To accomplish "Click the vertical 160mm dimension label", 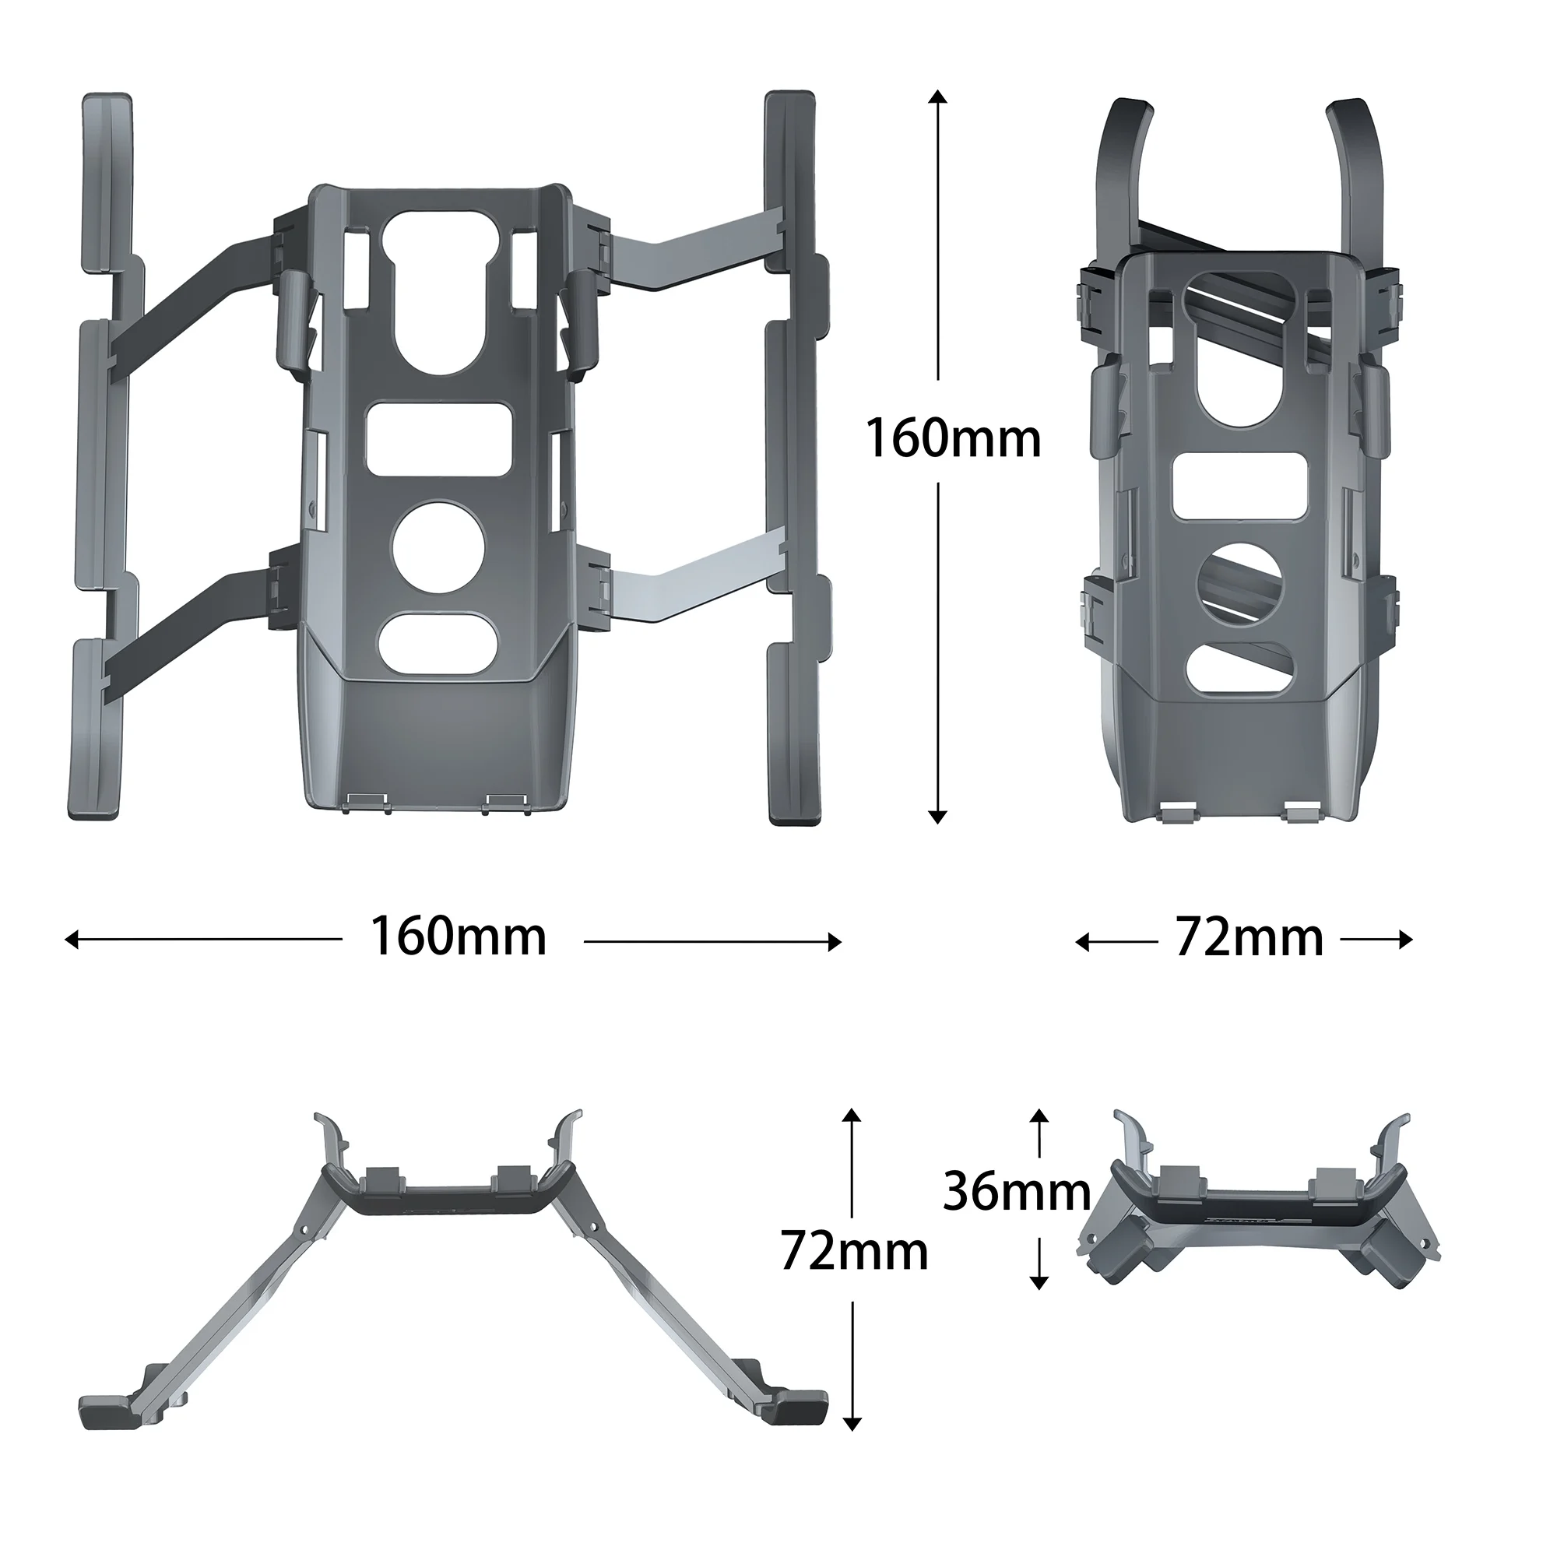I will [x=953, y=440].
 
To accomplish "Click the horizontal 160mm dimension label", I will [x=459, y=937].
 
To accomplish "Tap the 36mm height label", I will [x=1017, y=1192].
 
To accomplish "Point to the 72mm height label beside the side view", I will [x=854, y=1252].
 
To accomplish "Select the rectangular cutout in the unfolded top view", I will [x=439, y=440].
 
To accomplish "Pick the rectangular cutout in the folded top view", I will [x=1239, y=486].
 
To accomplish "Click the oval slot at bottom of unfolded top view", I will [x=439, y=644].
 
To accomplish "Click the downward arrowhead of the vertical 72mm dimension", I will [x=852, y=1446].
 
